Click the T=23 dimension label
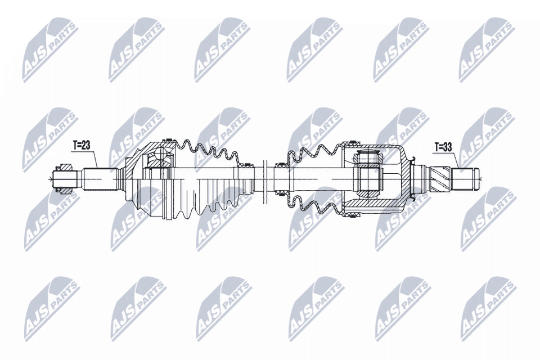click(x=82, y=145)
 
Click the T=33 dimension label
click(x=444, y=148)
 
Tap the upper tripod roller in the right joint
click(x=368, y=156)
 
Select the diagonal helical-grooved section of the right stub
click(x=441, y=178)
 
